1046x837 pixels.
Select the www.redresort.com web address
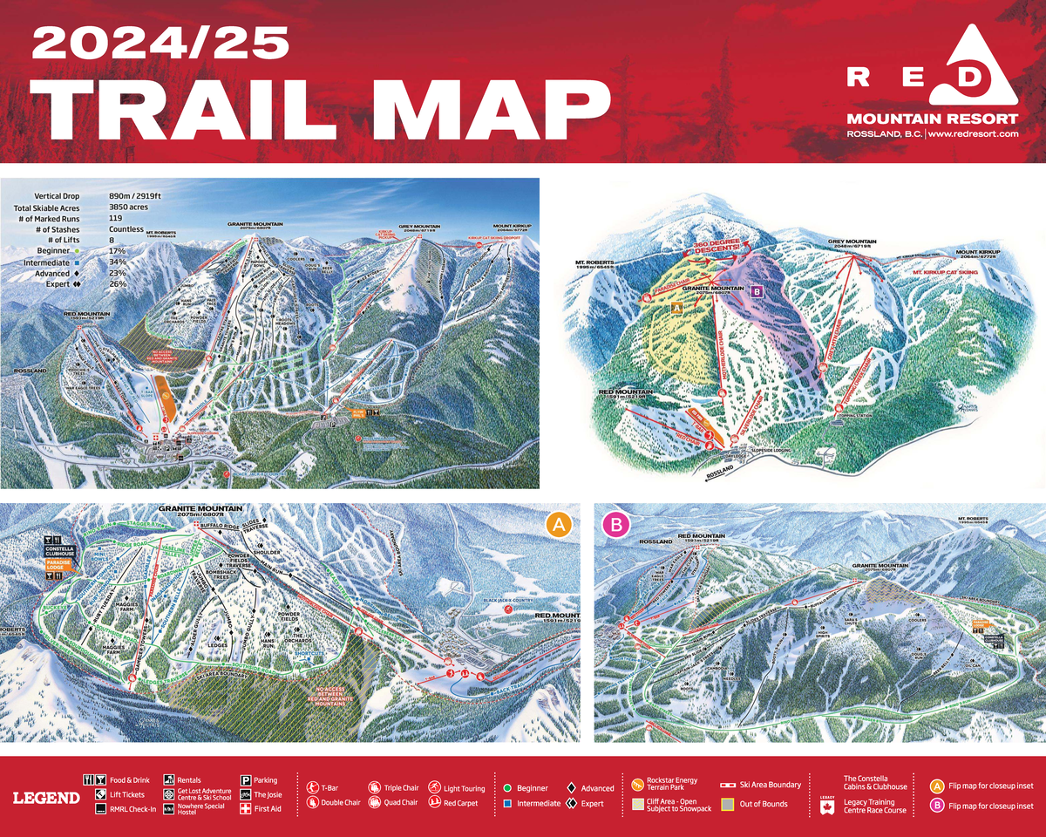(975, 134)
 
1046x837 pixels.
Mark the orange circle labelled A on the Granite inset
(558, 524)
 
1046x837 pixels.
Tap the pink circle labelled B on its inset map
(616, 524)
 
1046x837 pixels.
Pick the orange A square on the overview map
(676, 308)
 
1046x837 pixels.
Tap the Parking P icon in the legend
(245, 780)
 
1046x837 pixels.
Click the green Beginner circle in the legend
(506, 787)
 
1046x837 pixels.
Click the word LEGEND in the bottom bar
(46, 797)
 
